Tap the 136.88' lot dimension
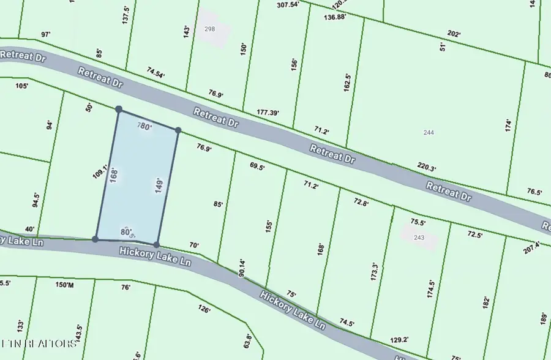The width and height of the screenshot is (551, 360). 337,17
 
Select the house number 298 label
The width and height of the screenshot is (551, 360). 210,29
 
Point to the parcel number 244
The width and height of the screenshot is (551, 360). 429,132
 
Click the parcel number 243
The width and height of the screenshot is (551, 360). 419,238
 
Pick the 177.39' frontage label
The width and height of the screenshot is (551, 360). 268,113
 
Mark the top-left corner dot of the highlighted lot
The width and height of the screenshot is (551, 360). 119,110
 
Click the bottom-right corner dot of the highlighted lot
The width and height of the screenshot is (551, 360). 157,244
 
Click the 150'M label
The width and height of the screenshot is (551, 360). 64,285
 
